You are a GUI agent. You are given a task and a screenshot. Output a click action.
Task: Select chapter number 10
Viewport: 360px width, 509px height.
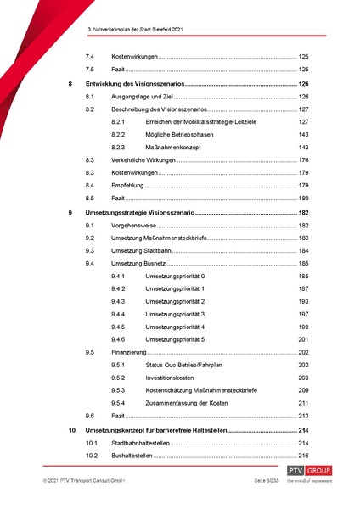click(70, 431)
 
